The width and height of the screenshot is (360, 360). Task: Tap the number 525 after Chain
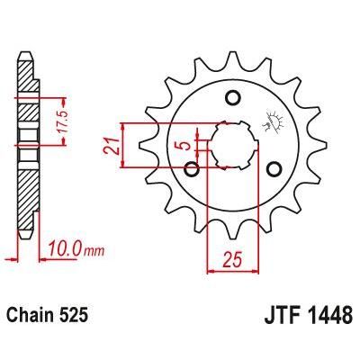click(x=76, y=316)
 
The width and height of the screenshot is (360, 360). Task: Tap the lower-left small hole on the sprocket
click(x=192, y=167)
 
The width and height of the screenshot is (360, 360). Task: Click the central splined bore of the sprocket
click(x=232, y=144)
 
